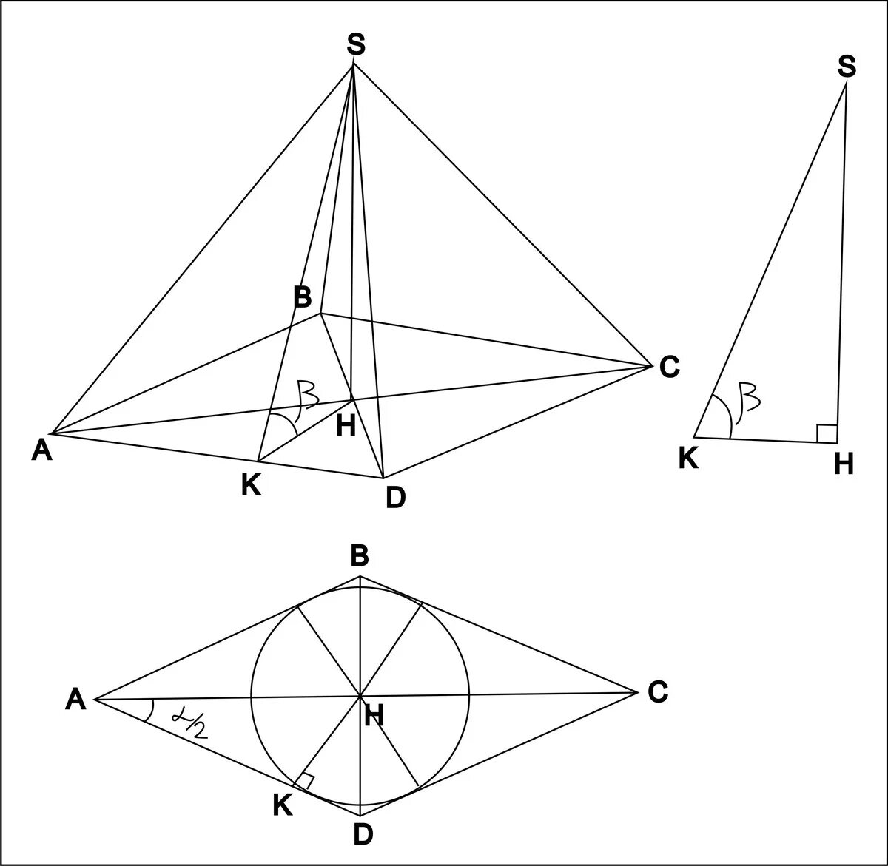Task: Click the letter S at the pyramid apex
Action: tap(356, 46)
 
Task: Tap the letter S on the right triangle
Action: tap(847, 68)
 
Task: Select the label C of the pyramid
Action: tap(669, 367)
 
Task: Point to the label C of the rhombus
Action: tap(657, 692)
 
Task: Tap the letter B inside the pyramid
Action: tap(302, 298)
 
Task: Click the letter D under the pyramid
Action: tap(395, 498)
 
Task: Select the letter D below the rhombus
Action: tap(362, 834)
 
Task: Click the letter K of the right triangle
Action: tap(688, 459)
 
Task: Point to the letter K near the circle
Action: tap(282, 805)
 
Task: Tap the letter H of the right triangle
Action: tap(844, 464)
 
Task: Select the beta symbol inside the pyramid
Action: tap(306, 395)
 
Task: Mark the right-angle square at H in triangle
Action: tap(827, 434)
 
